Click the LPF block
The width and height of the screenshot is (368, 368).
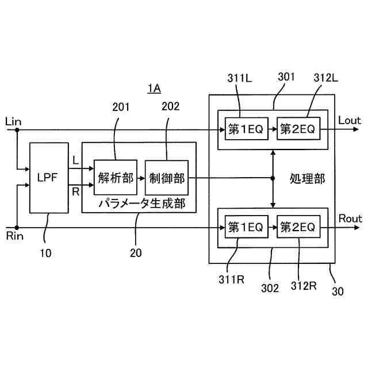pos(49,178)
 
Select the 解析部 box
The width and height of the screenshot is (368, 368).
pos(116,178)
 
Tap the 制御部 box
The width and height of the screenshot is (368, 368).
pos(167,178)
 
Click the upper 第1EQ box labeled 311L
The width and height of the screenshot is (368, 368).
pos(247,129)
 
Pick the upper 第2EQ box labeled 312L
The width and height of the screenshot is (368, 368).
pos(298,129)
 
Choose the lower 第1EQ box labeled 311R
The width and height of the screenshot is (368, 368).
pos(247,227)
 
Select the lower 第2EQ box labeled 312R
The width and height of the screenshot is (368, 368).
pos(298,227)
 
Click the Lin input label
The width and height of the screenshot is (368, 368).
pos(13,122)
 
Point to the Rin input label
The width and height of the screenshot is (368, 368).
pos(14,236)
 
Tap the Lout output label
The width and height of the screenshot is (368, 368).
pos(349,120)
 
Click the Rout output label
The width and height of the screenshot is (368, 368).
pos(350,218)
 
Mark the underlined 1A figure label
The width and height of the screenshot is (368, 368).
pos(154,89)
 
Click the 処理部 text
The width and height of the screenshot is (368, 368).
pos(307,179)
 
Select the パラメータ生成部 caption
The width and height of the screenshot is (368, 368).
pos(142,204)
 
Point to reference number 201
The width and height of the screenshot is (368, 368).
pos(121,107)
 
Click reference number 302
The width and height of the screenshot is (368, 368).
pos(270,288)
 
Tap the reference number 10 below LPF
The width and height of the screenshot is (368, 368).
pos(45,253)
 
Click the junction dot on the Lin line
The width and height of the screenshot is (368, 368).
pos(17,129)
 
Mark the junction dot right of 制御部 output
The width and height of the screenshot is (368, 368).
pos(273,178)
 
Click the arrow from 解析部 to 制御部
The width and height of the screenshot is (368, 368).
pos(141,178)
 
